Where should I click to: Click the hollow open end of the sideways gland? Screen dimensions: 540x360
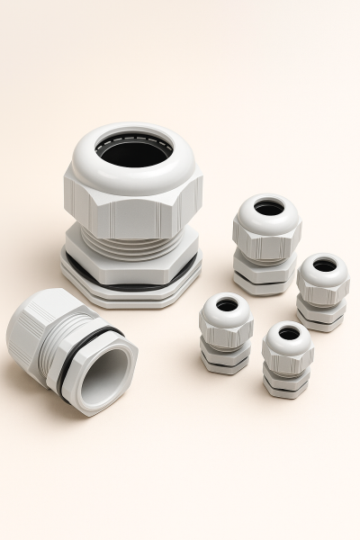tap(106, 372)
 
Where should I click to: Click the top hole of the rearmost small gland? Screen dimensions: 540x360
tap(268, 208)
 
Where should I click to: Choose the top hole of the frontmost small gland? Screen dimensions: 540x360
tap(289, 333)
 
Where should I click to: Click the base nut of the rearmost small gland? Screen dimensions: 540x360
tap(265, 280)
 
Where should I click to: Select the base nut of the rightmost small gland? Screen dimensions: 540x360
tap(321, 320)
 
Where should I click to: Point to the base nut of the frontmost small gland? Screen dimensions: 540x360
tap(286, 385)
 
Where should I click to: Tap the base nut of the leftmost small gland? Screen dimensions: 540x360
tap(224, 361)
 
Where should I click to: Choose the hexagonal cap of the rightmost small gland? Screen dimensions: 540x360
tap(323, 290)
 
